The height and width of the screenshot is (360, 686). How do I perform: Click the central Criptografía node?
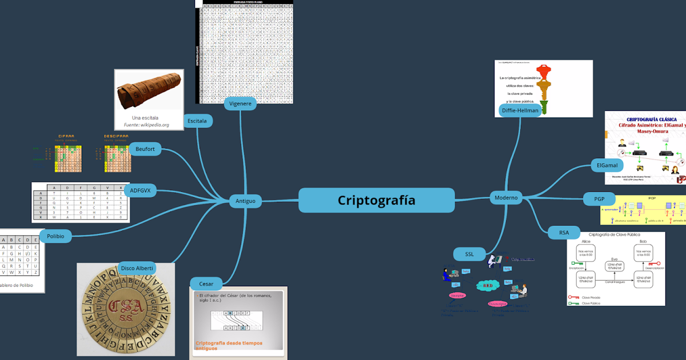point(377,201)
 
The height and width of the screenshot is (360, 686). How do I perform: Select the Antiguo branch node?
point(245,201)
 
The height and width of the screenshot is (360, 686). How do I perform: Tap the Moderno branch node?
point(506,198)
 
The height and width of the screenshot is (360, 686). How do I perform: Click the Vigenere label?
point(240,103)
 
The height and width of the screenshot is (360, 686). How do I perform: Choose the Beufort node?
point(145,149)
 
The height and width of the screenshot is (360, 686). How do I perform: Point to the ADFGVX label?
point(140,190)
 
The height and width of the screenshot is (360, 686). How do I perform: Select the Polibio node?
point(55,235)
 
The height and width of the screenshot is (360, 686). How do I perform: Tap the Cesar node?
point(206,283)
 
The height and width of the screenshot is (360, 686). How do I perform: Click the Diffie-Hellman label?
point(520,110)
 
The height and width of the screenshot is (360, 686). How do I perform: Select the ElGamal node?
point(607,166)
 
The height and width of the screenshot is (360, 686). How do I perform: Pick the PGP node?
point(599,199)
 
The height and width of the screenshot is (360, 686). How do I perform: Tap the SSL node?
point(469,254)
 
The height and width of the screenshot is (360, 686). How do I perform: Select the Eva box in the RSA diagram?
point(615,266)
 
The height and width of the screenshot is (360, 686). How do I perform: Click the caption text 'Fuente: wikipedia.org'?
point(146,125)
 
